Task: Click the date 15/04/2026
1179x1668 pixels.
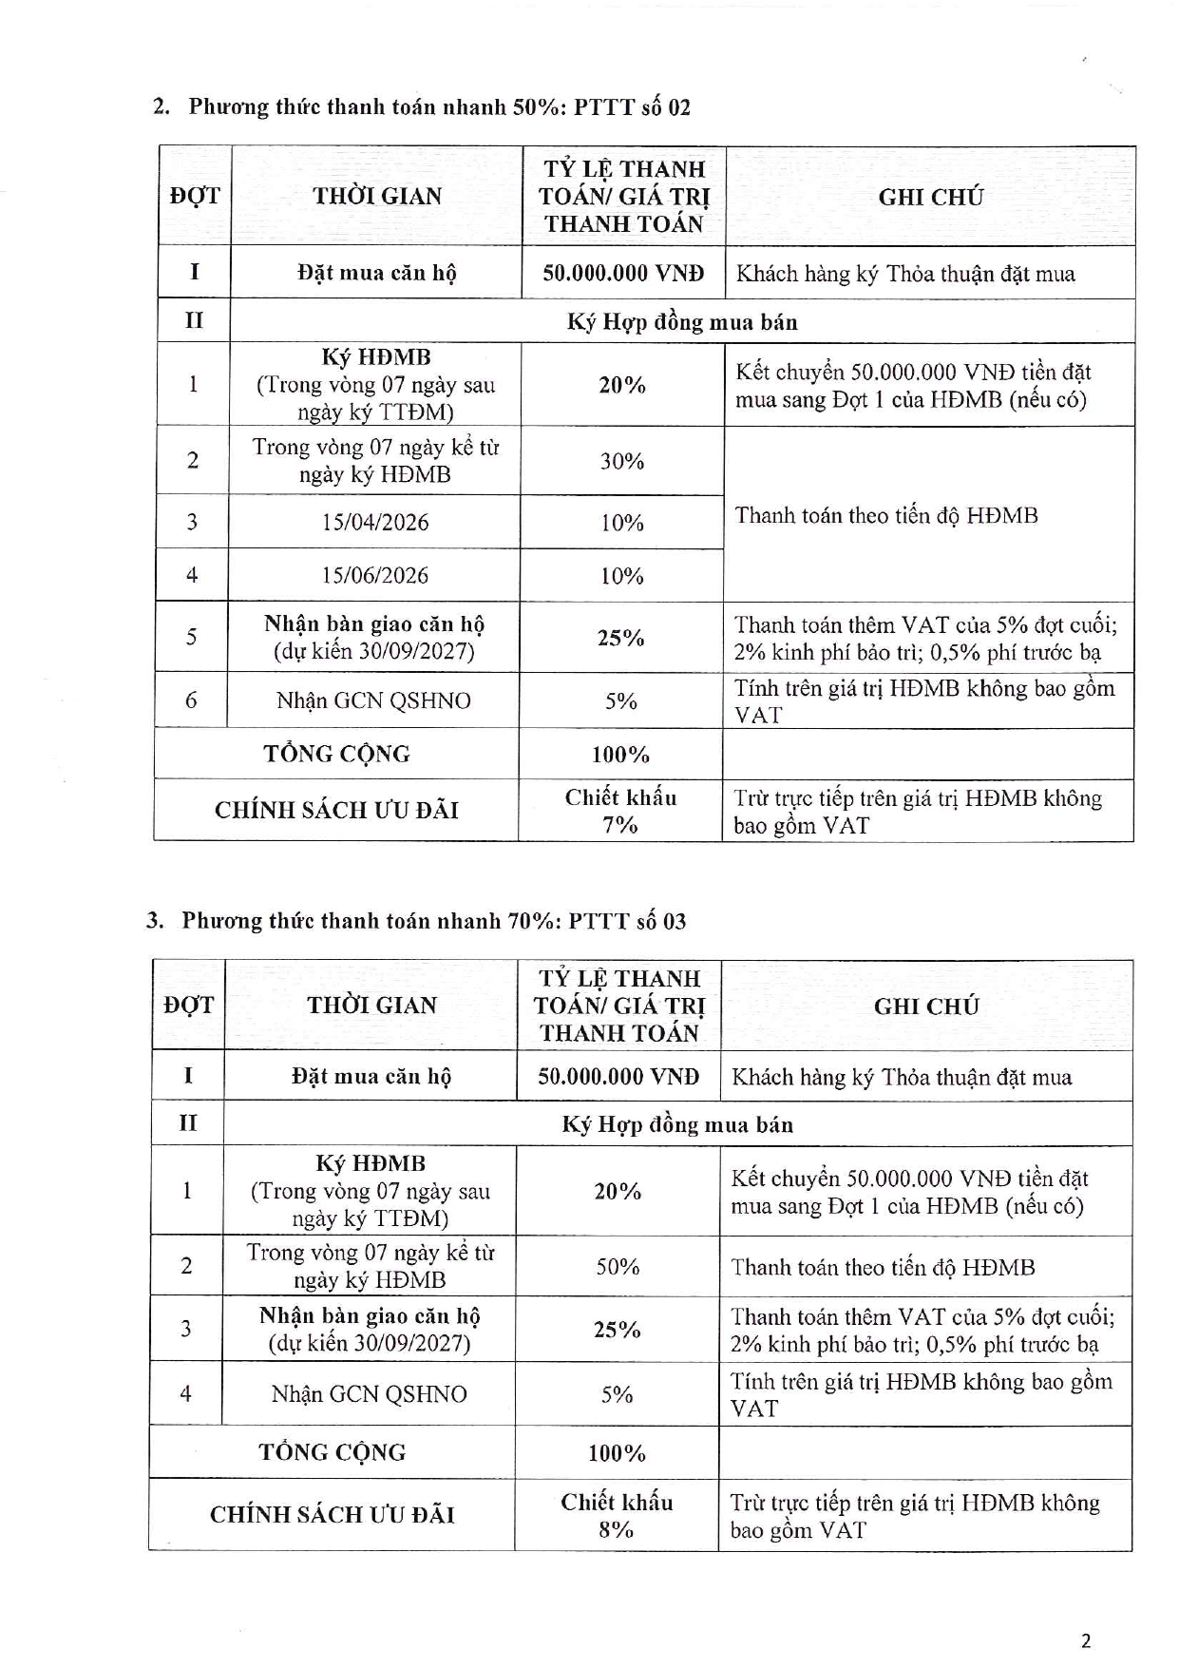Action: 374,522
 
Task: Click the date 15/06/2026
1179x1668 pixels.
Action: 374,575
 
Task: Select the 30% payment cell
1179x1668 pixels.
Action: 622,461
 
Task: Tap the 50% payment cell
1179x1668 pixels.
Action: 618,1266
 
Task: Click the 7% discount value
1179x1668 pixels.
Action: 620,825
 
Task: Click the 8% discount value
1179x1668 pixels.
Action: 617,1529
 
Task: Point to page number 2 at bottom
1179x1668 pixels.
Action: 1086,1640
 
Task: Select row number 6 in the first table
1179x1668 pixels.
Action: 192,700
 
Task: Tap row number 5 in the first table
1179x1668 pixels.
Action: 192,637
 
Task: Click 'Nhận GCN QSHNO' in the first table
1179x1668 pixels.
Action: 373,700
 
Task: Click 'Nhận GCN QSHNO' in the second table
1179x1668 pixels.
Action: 369,1394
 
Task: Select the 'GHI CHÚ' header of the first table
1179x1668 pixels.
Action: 930,197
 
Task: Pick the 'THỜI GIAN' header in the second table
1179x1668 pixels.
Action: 371,1006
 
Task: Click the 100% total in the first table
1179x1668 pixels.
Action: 620,755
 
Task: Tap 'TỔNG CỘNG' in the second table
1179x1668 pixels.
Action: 333,1452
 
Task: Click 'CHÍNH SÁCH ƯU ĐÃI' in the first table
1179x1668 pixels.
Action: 336,810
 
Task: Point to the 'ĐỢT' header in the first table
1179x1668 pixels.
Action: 195,197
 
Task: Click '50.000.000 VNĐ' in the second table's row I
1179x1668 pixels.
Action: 618,1077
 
